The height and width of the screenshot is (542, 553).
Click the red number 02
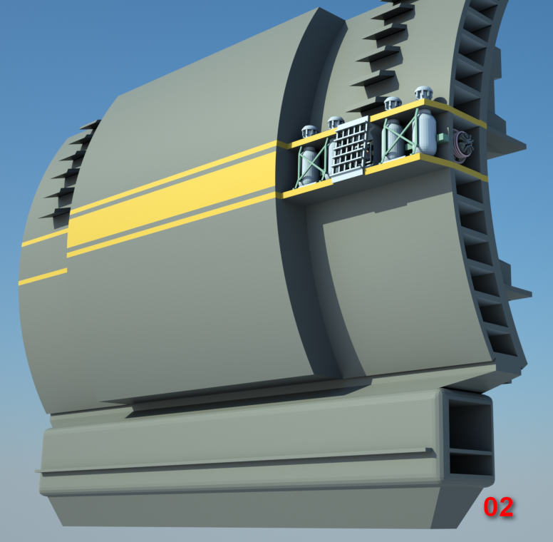pyautogui.click(x=498, y=507)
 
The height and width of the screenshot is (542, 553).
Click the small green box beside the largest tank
pyautogui.click(x=442, y=138)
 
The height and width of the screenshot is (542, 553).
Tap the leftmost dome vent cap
pyautogui.click(x=310, y=131)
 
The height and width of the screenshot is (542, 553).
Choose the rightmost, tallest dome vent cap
pyautogui.click(x=423, y=93)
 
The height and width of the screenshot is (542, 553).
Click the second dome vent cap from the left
pyautogui.click(x=336, y=123)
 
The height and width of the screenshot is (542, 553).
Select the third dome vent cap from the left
pyautogui.click(x=392, y=103)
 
